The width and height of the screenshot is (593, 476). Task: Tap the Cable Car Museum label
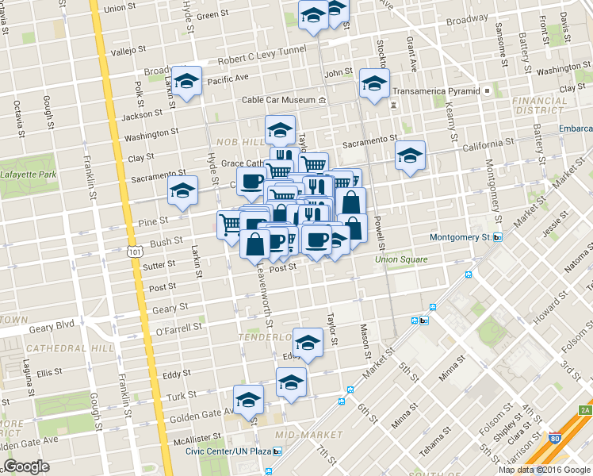279,100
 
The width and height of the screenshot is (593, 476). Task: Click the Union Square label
401,259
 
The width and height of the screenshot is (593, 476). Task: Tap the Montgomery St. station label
461,237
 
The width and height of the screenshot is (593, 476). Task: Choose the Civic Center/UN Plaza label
231,451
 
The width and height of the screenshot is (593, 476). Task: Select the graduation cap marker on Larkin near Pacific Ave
187,83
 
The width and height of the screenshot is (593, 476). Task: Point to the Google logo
27,467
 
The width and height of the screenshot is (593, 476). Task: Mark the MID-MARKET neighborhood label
297,435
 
